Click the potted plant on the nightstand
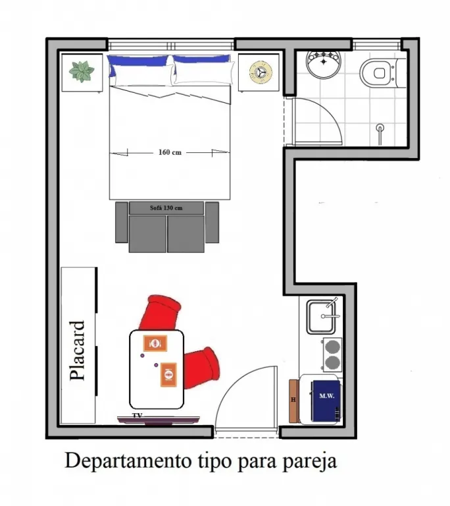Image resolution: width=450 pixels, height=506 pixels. (82, 71)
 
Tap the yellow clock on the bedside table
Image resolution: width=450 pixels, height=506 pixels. (261, 72)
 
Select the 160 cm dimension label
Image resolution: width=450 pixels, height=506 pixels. (170, 152)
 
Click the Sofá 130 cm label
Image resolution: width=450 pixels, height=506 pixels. (166, 208)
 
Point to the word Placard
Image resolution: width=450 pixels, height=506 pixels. (78, 351)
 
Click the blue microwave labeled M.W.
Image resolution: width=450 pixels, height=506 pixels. (326, 401)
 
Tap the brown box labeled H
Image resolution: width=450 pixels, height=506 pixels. (293, 401)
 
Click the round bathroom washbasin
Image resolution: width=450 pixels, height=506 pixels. (323, 64)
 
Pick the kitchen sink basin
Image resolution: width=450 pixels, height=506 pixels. (320, 317)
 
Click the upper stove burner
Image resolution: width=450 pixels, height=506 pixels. (332, 347)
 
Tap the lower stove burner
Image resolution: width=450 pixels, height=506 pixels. (332, 363)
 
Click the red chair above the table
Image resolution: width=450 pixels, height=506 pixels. (160, 313)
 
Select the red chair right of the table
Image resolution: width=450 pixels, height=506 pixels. (202, 368)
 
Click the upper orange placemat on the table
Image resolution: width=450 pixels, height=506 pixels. (155, 343)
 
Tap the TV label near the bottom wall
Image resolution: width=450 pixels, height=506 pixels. (137, 416)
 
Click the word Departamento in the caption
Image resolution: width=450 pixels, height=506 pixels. (128, 461)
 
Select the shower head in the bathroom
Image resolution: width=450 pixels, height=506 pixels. (380, 128)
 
